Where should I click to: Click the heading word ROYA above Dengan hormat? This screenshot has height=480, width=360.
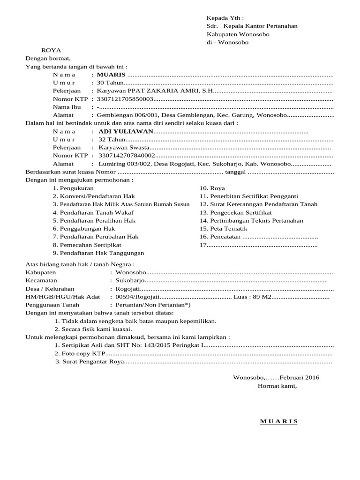[51, 50]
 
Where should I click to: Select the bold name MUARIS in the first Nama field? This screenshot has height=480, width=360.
[111, 75]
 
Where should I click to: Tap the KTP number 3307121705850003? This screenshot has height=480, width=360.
[125, 99]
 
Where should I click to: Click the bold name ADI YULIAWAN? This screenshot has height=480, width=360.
[126, 131]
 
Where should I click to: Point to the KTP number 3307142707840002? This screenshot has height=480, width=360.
[127, 156]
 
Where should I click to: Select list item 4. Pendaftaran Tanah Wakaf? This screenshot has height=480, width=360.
[88, 212]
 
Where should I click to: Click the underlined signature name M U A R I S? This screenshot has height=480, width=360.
[279, 421]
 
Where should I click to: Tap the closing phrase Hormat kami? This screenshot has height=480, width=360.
[277, 386]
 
